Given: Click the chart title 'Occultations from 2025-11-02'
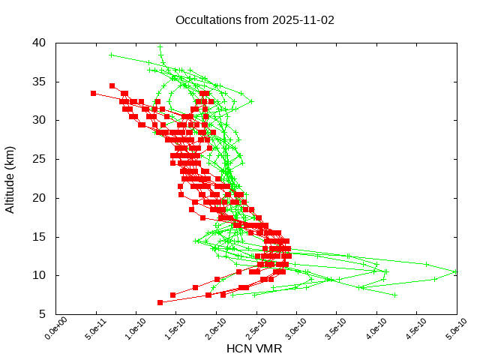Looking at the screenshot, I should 255,20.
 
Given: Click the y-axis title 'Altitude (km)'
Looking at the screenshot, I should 10,178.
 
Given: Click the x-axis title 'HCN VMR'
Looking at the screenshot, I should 254,349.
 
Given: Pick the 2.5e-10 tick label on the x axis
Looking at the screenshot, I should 248,329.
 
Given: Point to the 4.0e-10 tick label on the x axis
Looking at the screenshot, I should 368,329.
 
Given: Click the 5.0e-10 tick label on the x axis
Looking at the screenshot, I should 448,329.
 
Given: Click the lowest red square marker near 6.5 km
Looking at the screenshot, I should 160,302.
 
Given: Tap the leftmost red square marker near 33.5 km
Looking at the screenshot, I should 93,93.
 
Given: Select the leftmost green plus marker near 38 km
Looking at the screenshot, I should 111,55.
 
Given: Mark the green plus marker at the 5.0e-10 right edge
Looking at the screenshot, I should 456,271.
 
